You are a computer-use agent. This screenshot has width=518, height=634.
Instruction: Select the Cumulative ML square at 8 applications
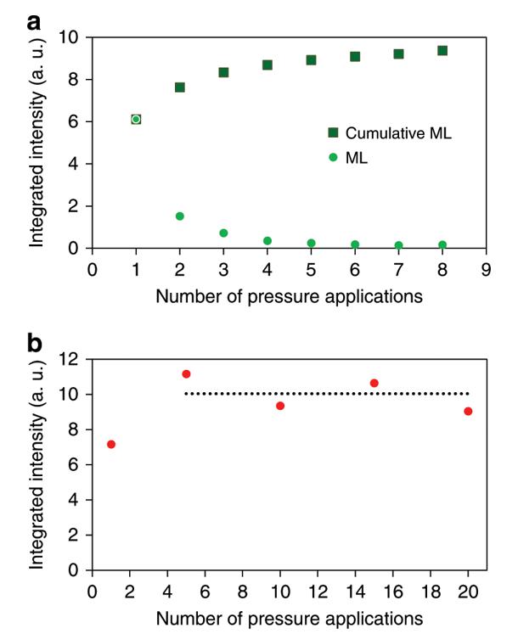(x=442, y=51)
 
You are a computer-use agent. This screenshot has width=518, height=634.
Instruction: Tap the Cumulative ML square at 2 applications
(x=180, y=87)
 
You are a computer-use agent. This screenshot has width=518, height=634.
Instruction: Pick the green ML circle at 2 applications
(x=180, y=216)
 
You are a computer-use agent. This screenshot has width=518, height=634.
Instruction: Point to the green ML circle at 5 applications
(x=311, y=243)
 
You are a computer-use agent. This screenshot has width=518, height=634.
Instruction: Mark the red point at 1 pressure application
(x=110, y=445)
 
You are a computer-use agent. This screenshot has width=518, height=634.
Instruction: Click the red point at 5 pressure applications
(x=186, y=374)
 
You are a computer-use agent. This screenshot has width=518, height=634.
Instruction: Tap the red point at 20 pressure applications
(x=468, y=412)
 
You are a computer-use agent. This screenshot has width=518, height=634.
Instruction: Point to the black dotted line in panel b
(x=327, y=394)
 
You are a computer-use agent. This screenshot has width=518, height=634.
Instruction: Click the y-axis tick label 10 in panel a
(x=71, y=38)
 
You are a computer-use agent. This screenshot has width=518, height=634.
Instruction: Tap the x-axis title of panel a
(x=289, y=296)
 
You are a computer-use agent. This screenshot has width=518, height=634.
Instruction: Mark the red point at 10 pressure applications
(x=280, y=406)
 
